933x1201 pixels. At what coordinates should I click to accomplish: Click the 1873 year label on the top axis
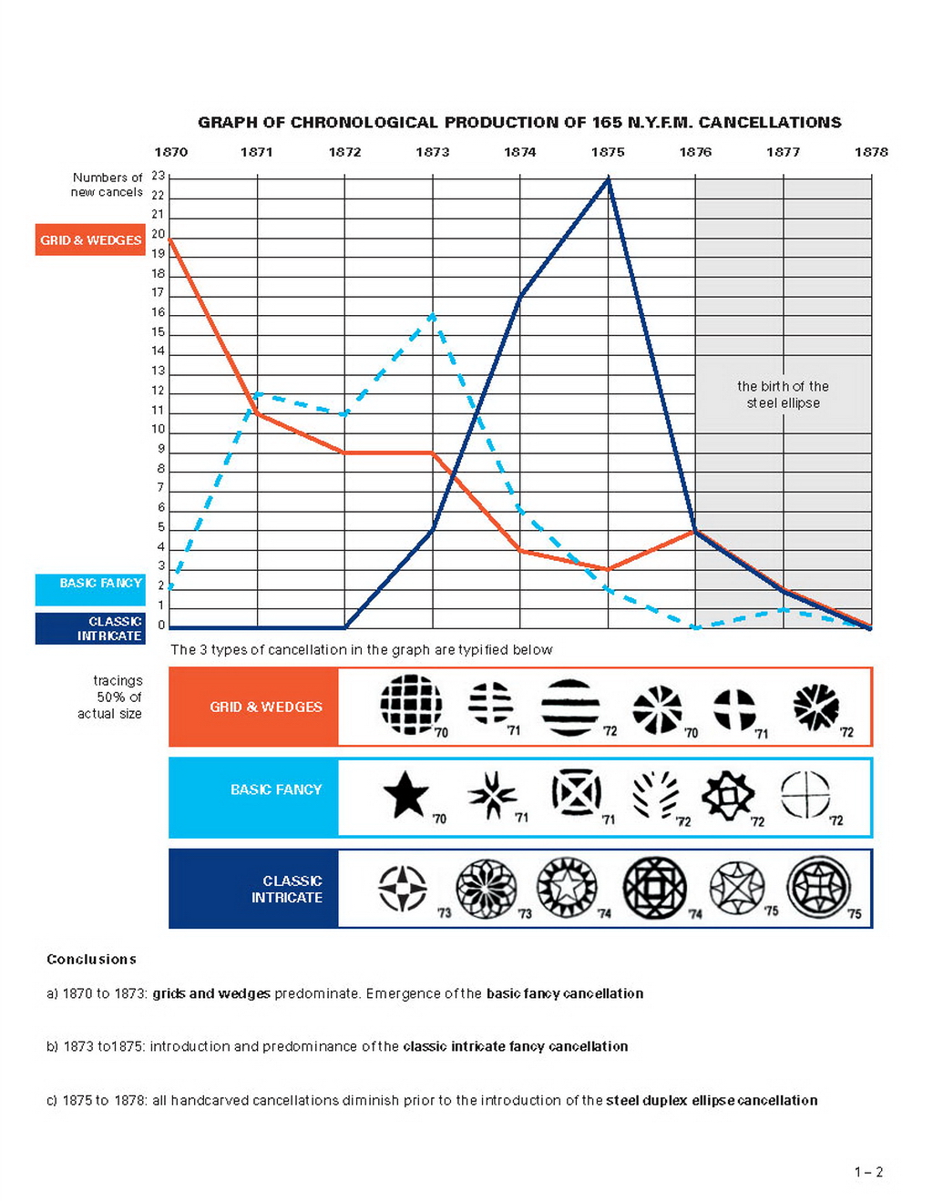click(x=432, y=152)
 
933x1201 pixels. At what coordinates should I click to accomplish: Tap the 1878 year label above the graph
click(x=870, y=152)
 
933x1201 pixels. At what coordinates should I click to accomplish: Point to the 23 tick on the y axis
click(x=159, y=176)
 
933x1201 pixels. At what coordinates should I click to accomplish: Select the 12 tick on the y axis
click(x=159, y=391)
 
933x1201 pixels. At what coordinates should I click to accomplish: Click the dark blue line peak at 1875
click(x=609, y=179)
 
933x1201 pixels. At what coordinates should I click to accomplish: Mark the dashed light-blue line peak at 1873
click(x=433, y=316)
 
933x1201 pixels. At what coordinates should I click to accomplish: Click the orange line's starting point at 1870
click(x=170, y=239)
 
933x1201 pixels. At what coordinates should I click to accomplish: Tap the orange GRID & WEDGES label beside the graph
click(x=90, y=239)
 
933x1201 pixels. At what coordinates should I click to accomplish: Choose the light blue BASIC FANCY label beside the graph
click(x=90, y=590)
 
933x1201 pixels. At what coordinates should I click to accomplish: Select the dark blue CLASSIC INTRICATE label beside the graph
click(x=90, y=628)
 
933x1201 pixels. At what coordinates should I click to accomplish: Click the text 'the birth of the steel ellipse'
click(x=783, y=394)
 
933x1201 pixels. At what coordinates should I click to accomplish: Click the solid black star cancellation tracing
click(x=405, y=794)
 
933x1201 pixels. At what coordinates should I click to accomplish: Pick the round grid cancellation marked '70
click(x=411, y=704)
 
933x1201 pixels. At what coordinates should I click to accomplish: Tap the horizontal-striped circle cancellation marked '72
click(x=570, y=707)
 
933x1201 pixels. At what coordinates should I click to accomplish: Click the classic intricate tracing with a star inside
click(x=567, y=887)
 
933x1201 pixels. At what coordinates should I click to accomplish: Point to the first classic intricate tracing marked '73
click(x=402, y=888)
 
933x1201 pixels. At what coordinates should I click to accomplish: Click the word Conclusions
click(x=91, y=959)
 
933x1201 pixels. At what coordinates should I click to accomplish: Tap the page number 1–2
click(x=868, y=1172)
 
